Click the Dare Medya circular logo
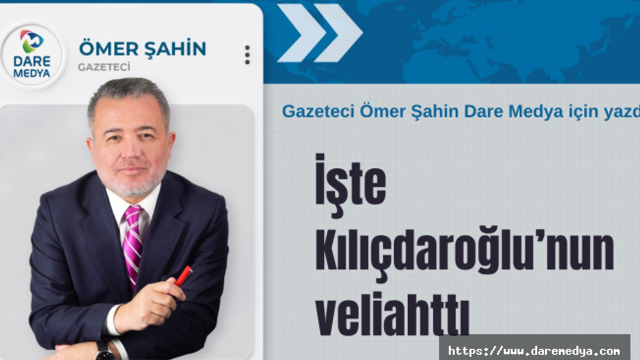point(32,55)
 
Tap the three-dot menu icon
point(247,55)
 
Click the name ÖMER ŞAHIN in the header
point(142,49)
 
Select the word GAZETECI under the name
point(104,67)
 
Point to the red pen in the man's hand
point(183,275)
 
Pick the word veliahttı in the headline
point(392,312)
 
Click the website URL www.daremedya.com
point(534,350)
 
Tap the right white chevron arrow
point(338,33)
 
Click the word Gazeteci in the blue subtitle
point(318,111)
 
